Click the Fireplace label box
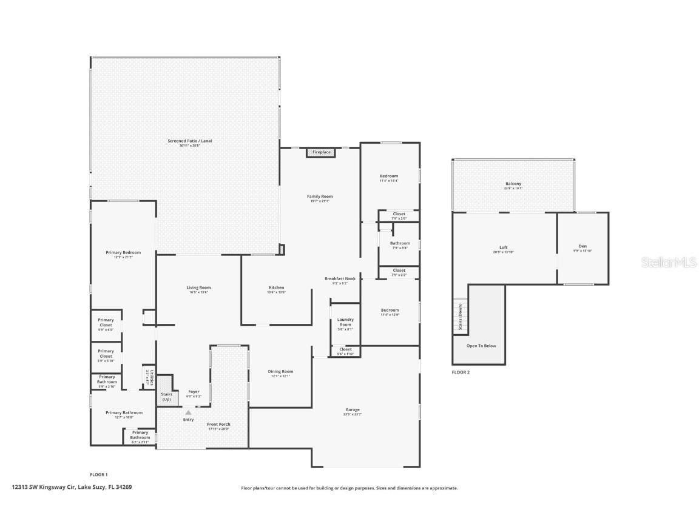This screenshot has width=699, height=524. click(322, 152)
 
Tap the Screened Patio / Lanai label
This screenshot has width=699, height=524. click(189, 141)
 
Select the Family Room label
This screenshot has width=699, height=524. click(320, 196)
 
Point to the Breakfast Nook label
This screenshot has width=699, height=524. click(336, 279)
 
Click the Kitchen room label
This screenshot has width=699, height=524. click(276, 288)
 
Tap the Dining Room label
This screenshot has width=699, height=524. click(280, 372)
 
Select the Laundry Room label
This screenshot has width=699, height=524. click(345, 322)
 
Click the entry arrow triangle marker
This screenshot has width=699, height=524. click(188, 412)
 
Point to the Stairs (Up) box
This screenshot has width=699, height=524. click(166, 397)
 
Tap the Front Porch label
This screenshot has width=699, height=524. click(218, 425)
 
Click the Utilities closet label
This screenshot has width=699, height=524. click(150, 378)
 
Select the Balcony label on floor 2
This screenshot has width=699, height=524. click(513, 184)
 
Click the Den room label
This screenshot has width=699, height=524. click(582, 247)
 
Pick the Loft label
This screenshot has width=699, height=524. click(503, 247)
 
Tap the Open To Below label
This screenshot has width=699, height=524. click(481, 346)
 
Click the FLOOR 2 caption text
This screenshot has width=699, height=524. click(461, 372)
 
